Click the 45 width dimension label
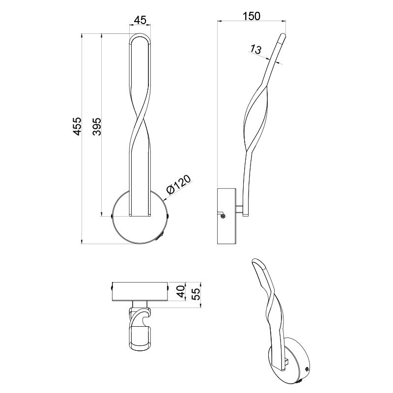(x=140, y=20)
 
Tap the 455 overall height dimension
(x=78, y=126)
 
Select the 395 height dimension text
(x=97, y=126)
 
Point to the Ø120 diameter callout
(x=179, y=184)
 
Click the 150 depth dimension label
(x=252, y=16)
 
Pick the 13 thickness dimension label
(x=255, y=50)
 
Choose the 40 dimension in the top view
(x=180, y=291)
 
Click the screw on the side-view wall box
(x=224, y=216)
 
